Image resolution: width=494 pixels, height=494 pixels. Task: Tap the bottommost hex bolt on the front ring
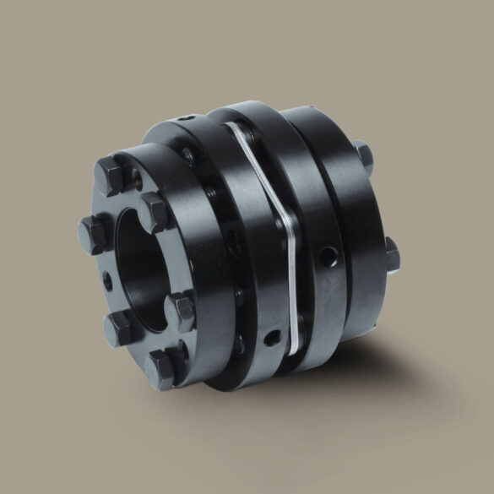pyautogui.click(x=162, y=366)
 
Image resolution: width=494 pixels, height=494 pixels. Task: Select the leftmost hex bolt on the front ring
pyautogui.click(x=95, y=228)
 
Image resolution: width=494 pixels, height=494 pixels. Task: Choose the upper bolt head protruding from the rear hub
pyautogui.click(x=363, y=155)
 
